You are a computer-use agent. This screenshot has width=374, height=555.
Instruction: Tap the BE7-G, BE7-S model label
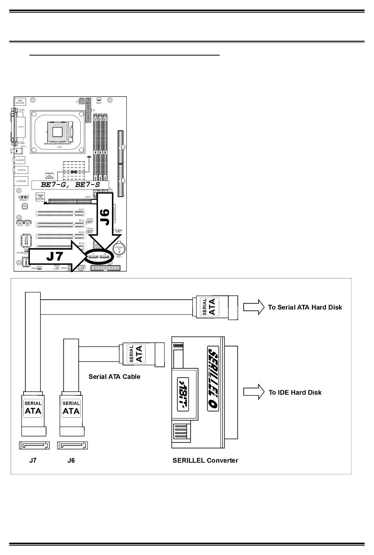click(70, 184)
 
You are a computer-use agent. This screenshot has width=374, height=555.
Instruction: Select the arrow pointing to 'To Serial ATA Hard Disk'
click(254, 307)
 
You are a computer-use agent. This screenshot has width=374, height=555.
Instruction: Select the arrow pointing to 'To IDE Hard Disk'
click(254, 392)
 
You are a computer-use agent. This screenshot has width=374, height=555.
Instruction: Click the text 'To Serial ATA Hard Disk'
click(305, 307)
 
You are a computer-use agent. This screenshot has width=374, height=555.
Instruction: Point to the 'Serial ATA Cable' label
click(114, 376)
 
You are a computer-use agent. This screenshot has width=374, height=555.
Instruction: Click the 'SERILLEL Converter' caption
click(205, 460)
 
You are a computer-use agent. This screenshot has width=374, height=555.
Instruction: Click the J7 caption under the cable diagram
click(33, 460)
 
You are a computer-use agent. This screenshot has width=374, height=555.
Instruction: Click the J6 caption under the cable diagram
click(71, 460)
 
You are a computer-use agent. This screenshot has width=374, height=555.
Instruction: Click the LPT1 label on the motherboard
click(20, 127)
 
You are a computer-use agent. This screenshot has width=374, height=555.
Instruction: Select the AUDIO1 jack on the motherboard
click(20, 160)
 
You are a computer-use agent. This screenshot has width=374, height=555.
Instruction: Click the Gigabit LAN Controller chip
click(40, 197)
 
